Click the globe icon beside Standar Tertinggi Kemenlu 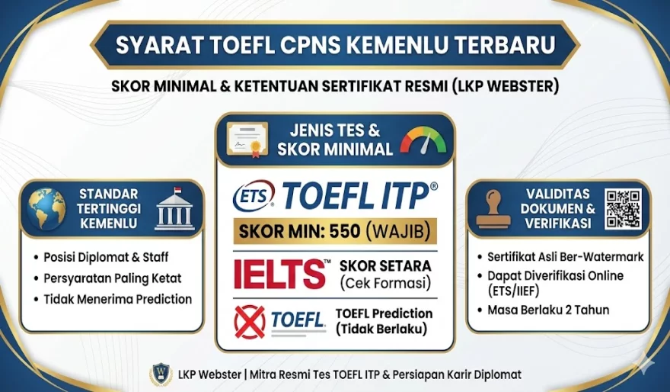click(46, 209)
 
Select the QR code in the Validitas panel click(623, 209)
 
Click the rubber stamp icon click(493, 209)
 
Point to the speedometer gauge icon click(423, 140)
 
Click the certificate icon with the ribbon click(247, 139)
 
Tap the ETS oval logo click(254, 195)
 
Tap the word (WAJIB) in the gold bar click(398, 232)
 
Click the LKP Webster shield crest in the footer click(161, 374)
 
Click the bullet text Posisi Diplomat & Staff click(106, 257)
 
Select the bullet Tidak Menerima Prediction click(117, 299)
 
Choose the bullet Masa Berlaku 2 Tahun click(548, 310)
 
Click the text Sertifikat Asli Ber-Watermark click(565, 257)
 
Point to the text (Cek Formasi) click(385, 283)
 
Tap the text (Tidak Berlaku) click(381, 329)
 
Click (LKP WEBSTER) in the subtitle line click(505, 86)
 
